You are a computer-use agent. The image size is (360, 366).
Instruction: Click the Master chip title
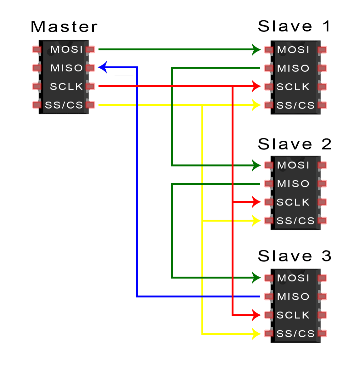coord(64,27)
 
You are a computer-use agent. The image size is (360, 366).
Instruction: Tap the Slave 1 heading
coord(294,27)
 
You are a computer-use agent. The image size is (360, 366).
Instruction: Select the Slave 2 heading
coord(294,144)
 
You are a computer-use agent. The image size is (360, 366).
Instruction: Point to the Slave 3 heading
coord(294,256)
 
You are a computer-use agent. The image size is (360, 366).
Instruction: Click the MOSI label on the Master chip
coord(67,50)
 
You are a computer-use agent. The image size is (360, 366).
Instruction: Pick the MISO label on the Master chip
coord(67,68)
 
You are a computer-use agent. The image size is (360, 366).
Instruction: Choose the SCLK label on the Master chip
coord(66,87)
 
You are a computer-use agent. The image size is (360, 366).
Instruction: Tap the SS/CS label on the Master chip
coord(64,105)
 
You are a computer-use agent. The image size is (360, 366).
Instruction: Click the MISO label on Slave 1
coord(293,68)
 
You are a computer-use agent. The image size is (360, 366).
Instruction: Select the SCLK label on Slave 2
coord(293,202)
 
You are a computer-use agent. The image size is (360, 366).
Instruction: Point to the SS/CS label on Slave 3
coord(295,333)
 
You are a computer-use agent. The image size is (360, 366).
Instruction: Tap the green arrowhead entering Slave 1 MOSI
coord(257,50)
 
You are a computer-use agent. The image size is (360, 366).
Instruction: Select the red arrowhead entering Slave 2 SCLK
coord(257,202)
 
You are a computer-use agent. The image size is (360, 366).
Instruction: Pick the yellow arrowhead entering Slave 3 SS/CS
coord(257,333)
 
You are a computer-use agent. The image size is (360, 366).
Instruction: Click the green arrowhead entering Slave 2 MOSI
coord(257,165)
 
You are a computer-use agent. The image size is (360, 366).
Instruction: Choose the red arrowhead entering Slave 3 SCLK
coord(257,314)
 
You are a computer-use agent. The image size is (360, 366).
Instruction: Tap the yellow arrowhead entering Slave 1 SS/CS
coord(257,105)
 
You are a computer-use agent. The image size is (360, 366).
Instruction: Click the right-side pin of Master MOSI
coord(90,50)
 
